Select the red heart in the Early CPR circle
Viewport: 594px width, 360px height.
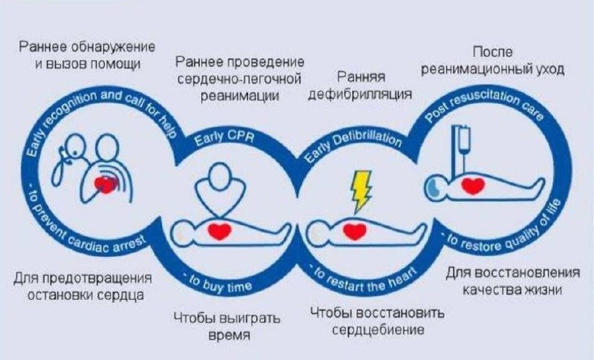click(219, 232)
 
